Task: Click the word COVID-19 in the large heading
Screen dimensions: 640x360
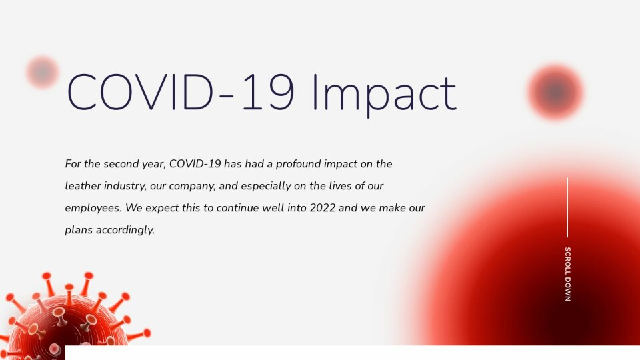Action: (180, 92)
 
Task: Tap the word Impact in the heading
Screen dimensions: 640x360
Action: (384, 95)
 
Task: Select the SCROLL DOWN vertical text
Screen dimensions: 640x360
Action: (568, 274)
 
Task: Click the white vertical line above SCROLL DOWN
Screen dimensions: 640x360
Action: (567, 207)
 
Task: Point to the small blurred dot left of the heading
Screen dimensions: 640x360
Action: (43, 72)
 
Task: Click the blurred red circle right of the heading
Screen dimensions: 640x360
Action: (555, 92)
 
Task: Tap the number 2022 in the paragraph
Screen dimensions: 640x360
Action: (323, 208)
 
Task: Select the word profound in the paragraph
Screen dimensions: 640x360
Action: (299, 164)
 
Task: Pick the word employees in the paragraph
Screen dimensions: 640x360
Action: (93, 209)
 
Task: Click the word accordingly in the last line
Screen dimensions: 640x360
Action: (125, 230)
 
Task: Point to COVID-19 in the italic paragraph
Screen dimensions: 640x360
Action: (195, 164)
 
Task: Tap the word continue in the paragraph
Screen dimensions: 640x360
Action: (237, 208)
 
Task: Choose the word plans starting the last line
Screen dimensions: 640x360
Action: (79, 230)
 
